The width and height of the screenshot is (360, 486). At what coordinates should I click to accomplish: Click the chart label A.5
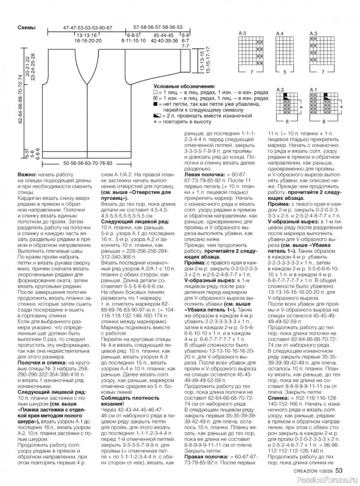point(243,32)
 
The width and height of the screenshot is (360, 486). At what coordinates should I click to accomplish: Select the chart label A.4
point(279,32)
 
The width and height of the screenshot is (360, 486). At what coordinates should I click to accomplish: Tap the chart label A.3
point(314,32)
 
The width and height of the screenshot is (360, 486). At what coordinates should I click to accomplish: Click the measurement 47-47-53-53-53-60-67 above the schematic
point(88,29)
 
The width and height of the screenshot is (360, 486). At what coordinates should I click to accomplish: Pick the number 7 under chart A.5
point(251,74)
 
